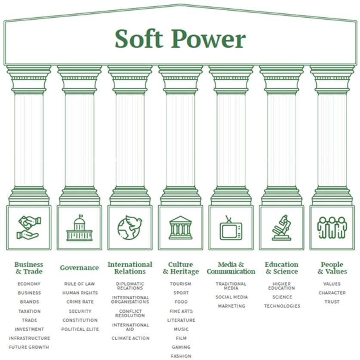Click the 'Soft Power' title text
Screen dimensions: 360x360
180,39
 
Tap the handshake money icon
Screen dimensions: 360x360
28,228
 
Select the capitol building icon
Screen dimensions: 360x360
79,228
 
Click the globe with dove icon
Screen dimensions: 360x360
129,228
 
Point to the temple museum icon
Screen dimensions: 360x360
181,228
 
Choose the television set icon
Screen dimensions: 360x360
231,228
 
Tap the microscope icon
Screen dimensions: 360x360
281,228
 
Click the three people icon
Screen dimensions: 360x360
332,227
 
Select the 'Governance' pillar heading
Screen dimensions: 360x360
79,268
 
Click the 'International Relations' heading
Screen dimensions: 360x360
130,268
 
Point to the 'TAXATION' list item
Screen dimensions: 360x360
29,311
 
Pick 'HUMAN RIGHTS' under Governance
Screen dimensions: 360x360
80,293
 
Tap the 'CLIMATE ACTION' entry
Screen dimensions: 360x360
130,338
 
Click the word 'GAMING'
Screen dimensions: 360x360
181,347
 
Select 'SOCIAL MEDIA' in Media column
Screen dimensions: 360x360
231,297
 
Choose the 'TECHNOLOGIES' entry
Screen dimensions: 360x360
282,306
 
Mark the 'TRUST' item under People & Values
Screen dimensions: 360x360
332,302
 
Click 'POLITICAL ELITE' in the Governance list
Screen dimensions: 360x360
80,329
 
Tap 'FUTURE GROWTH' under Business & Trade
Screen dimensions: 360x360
29,347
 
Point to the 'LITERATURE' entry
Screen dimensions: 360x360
181,320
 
